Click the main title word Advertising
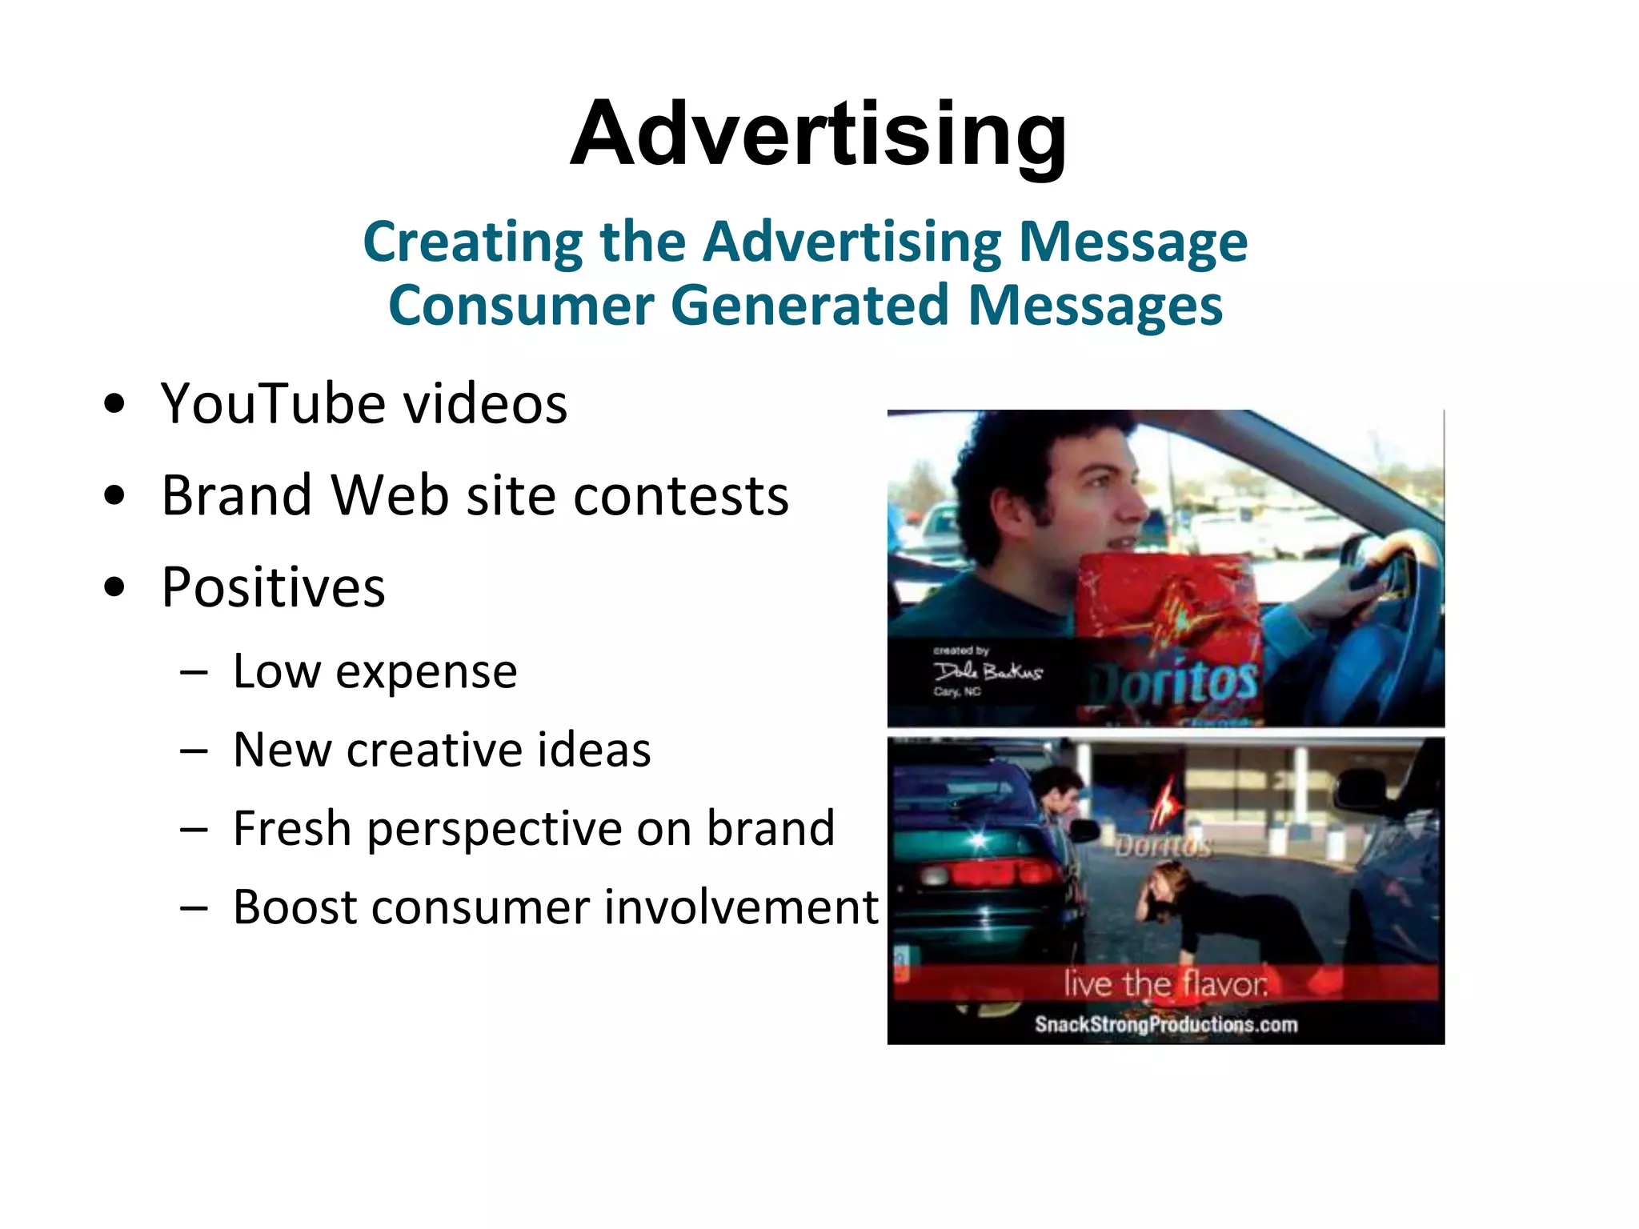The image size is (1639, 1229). click(x=818, y=134)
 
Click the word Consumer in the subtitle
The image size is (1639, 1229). click(x=521, y=306)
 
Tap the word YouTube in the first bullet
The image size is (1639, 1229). click(x=273, y=403)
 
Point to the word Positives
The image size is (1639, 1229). click(x=273, y=587)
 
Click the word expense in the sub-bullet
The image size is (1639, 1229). click(x=426, y=671)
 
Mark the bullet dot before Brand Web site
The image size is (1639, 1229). click(x=114, y=495)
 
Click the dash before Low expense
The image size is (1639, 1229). click(x=194, y=672)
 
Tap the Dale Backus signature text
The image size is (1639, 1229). click(x=988, y=671)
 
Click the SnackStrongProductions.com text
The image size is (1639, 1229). click(x=1165, y=1024)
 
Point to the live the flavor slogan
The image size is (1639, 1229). click(x=1165, y=983)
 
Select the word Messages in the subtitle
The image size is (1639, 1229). click(x=1095, y=306)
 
